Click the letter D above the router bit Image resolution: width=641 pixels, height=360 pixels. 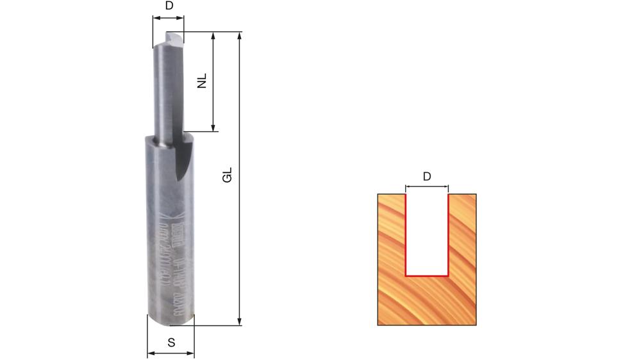(169, 6)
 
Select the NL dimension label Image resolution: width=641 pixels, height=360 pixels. (202, 81)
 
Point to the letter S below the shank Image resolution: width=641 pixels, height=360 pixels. (171, 343)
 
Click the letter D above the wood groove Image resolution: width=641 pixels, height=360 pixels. (428, 176)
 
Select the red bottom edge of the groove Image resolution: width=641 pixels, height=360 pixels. (428, 275)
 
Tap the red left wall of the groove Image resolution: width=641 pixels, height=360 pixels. (406, 234)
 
